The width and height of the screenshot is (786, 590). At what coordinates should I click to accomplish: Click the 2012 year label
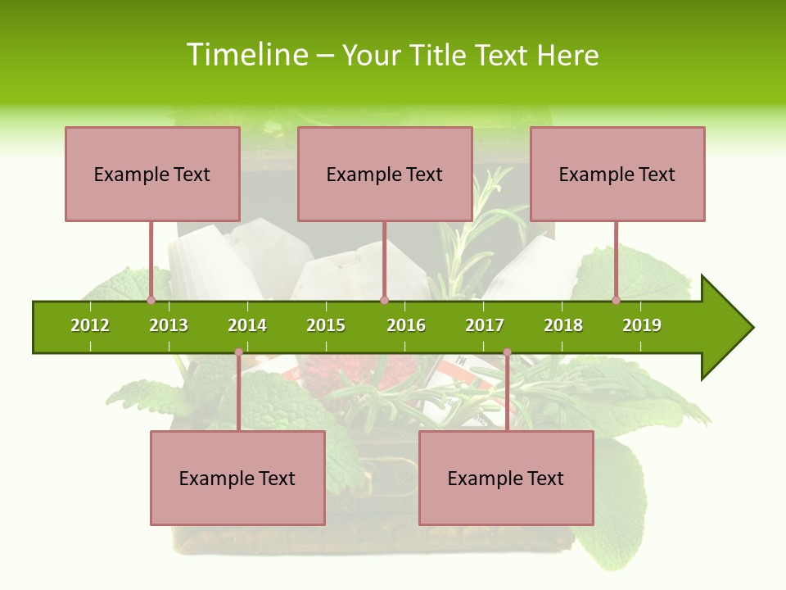(x=90, y=325)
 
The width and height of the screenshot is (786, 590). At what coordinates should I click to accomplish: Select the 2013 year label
(x=169, y=325)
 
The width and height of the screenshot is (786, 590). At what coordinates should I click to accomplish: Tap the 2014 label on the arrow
(x=247, y=325)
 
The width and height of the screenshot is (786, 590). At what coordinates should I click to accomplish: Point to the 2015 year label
(x=326, y=325)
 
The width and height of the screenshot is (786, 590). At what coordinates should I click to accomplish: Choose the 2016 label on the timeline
(x=406, y=325)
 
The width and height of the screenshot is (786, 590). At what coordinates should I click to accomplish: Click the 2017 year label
(x=485, y=325)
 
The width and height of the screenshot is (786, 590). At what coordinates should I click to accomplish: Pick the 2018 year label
(x=563, y=325)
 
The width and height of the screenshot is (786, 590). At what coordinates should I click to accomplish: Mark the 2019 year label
(x=642, y=325)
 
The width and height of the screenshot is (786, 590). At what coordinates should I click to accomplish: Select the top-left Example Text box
(x=152, y=174)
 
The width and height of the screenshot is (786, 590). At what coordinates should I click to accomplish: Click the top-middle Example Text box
(x=385, y=174)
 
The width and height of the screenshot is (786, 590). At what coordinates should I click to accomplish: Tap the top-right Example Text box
(x=617, y=174)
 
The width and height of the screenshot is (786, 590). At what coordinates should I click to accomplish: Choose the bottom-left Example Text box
(x=237, y=478)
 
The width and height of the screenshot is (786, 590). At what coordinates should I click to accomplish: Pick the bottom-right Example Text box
(x=506, y=478)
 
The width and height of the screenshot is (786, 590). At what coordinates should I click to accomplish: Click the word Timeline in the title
(x=246, y=55)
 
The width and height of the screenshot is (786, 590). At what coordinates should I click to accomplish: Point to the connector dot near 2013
(x=151, y=300)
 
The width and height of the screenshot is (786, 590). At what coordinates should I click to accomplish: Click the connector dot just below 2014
(x=238, y=352)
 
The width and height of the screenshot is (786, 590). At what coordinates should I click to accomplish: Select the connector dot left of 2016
(x=384, y=300)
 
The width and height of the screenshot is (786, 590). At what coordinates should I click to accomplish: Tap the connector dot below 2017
(x=507, y=352)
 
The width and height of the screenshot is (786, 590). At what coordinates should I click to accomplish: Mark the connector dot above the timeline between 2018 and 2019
(x=616, y=300)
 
